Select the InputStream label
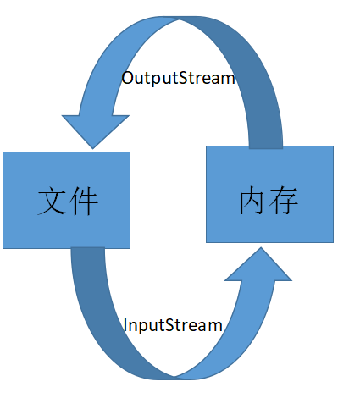(173, 325)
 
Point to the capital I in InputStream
(125, 325)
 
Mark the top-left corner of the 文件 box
(3, 152)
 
